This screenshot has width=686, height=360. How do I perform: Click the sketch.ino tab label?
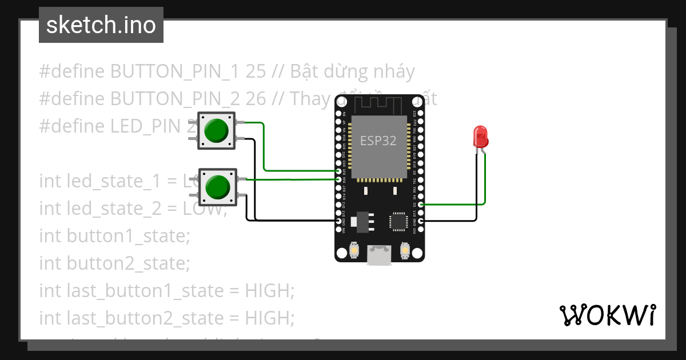click(x=101, y=25)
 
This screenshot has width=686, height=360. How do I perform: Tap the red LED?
click(x=480, y=137)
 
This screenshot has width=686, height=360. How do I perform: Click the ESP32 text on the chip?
click(x=378, y=141)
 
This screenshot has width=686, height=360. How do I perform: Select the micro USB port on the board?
click(x=379, y=255)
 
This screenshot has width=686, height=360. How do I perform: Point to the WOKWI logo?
click(x=607, y=315)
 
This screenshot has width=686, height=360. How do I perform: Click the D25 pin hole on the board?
click(x=339, y=171)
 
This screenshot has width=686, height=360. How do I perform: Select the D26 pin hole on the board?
click(x=339, y=179)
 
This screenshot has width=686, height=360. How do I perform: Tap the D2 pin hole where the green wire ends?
click(x=421, y=204)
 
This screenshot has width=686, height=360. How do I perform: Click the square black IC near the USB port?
click(x=398, y=221)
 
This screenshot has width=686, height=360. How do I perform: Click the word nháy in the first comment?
click(x=389, y=71)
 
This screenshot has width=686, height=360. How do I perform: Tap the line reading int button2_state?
click(x=114, y=263)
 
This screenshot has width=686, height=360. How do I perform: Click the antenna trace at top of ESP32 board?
click(x=378, y=105)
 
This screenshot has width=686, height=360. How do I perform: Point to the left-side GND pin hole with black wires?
click(x=339, y=221)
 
